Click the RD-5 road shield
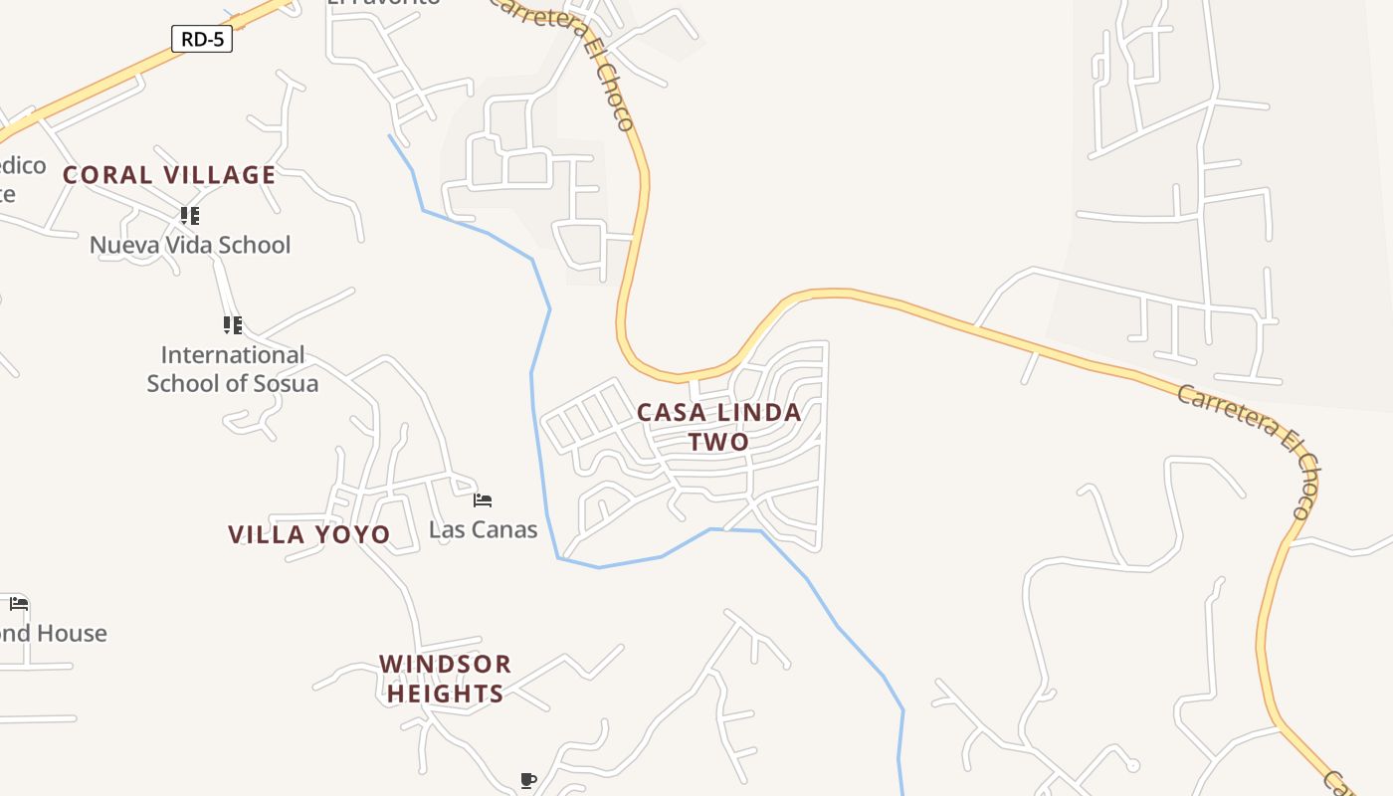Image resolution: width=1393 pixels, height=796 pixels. click(202, 40)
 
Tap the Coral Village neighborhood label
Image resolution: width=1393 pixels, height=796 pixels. click(169, 175)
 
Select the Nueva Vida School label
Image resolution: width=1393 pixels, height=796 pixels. click(190, 245)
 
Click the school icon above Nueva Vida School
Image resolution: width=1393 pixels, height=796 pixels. click(190, 215)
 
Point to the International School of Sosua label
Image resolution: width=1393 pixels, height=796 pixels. click(233, 369)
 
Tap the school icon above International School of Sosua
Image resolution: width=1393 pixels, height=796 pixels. click(233, 324)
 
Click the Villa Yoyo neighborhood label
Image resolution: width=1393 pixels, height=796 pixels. click(309, 534)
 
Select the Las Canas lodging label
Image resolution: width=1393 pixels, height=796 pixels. click(483, 529)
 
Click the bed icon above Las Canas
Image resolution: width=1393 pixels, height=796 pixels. click(483, 499)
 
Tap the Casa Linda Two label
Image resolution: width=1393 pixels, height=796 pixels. click(718, 426)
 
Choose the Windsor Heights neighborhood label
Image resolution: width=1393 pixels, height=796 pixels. click(445, 679)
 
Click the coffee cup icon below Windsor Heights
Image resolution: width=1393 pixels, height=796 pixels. click(528, 780)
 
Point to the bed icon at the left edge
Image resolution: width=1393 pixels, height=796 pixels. click(19, 603)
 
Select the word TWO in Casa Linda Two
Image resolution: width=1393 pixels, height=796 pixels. click(718, 441)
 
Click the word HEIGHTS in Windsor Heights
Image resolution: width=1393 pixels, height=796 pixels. click(445, 694)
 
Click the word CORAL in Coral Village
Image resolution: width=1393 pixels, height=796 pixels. click(107, 175)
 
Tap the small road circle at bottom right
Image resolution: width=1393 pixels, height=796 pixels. click(1132, 765)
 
